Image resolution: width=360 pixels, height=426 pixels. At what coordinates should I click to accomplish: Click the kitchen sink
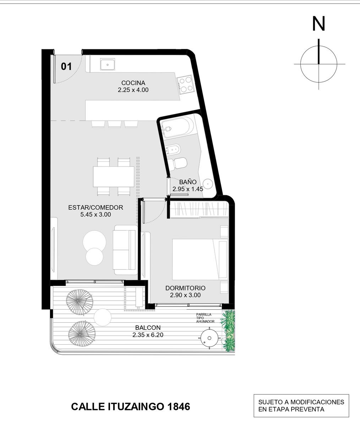coord(107,64)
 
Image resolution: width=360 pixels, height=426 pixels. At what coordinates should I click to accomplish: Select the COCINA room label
coord(133,83)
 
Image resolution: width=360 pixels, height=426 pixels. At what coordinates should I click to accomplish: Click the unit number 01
coord(66,66)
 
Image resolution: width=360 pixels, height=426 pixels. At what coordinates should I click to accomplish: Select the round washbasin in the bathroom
coord(208,184)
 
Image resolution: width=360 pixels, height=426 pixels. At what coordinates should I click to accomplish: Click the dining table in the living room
coord(114,176)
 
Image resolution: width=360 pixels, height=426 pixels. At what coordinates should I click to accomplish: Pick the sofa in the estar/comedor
coord(125,250)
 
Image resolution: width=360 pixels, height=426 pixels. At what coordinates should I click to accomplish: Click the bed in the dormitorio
coord(200,259)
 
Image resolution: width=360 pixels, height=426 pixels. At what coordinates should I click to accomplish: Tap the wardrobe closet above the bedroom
coord(199,209)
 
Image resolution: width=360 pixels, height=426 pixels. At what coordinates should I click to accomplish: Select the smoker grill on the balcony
coord(209,338)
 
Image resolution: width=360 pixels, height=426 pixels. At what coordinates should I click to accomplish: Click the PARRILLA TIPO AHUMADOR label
coord(205,318)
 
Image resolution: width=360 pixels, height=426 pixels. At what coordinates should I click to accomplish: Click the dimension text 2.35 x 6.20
coord(148,335)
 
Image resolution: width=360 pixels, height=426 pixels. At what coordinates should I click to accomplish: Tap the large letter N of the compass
coord(318,24)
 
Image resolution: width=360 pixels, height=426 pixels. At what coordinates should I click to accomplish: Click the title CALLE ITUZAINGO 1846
coord(131,406)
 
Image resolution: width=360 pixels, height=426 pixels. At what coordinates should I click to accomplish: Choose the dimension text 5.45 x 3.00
coord(96,214)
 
